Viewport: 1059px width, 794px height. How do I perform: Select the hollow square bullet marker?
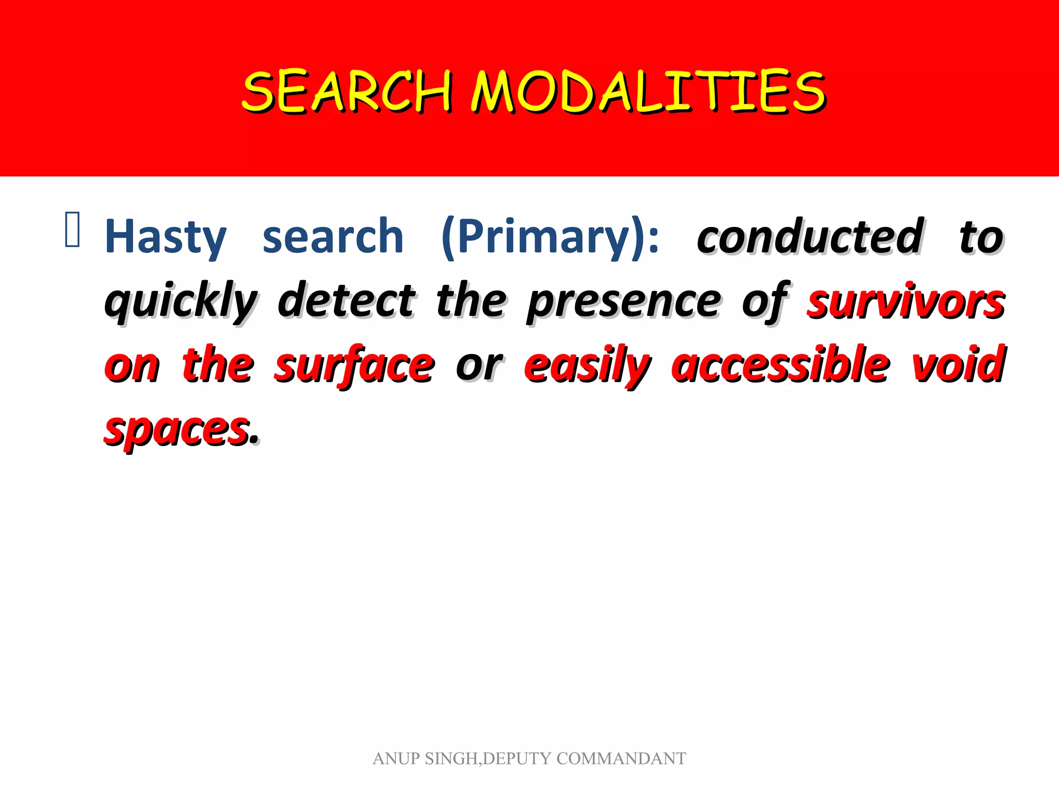72,230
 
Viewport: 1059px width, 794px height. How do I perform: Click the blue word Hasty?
165,237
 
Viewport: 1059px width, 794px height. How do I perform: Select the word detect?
346,301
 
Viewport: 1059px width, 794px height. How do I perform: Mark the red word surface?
354,366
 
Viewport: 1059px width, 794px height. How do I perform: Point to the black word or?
479,366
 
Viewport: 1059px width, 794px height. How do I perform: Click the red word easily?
587,366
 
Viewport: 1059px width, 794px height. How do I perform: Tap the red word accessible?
781,366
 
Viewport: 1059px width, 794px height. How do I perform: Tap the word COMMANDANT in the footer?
621,759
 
